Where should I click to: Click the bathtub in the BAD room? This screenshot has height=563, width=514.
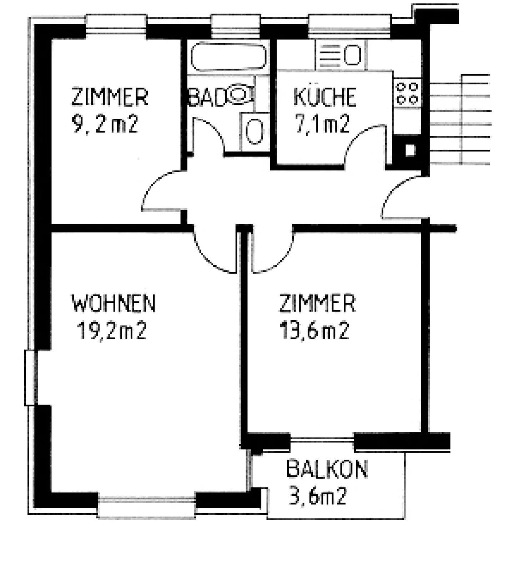(x=228, y=57)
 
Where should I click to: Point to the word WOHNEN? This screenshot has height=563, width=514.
(x=114, y=303)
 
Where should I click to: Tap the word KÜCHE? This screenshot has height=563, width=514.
(x=324, y=97)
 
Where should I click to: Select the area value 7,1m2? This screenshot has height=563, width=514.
(x=322, y=124)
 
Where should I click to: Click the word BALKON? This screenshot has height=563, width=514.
(x=327, y=469)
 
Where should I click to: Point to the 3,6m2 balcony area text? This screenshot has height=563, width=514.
(x=317, y=497)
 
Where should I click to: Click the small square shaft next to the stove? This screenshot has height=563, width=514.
(x=410, y=150)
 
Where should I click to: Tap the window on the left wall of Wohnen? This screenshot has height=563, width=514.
(x=30, y=377)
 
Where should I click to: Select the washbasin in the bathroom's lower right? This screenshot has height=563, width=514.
(x=255, y=132)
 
